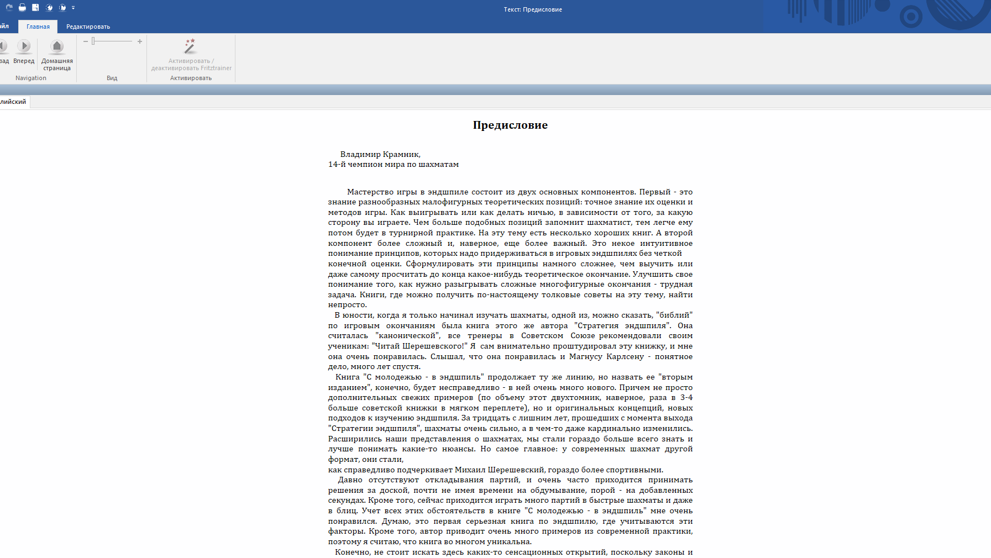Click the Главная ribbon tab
pos(38,27)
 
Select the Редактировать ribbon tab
pos(88,27)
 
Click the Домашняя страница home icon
pos(57,46)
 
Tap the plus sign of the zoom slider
pos(140,41)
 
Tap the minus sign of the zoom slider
pos(86,41)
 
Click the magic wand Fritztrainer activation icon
pos(190,46)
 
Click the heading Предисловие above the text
pos(510,125)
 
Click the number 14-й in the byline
pos(337,164)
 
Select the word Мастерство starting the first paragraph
pos(370,192)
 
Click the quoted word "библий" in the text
pos(674,315)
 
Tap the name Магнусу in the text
pos(585,356)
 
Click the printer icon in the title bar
pos(22,8)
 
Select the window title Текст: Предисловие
pos(533,9)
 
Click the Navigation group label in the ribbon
pos(31,78)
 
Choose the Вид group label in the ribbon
pos(112,78)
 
